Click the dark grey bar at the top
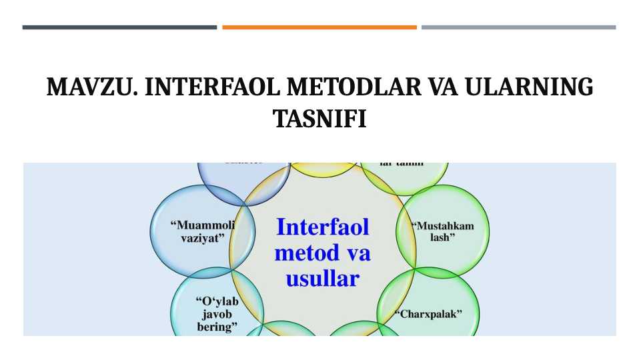(119, 27)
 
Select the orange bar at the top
(319, 27)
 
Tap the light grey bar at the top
(518, 27)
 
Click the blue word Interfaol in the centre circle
(322, 227)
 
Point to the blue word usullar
(322, 278)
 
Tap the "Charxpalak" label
(430, 313)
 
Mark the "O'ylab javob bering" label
(217, 314)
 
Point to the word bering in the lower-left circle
(217, 327)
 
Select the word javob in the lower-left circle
(216, 314)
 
